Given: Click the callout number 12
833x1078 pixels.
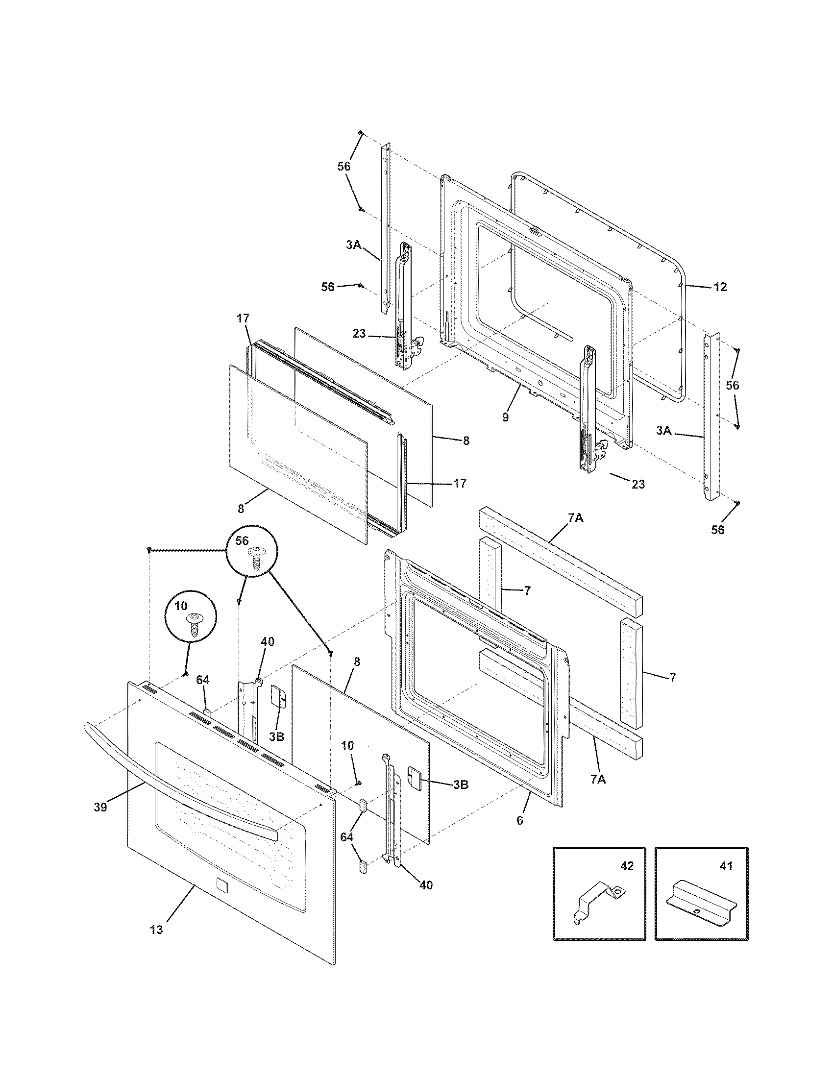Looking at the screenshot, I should point(720,287).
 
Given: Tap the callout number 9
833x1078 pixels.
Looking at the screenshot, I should point(505,417).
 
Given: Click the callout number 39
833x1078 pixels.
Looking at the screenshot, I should point(100,808).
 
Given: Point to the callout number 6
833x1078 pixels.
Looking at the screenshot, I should point(519,821).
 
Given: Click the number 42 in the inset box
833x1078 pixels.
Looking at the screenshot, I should point(626,866).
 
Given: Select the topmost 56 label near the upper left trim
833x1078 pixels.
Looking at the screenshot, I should point(344,166).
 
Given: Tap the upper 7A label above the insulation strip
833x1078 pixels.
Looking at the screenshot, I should point(575,518).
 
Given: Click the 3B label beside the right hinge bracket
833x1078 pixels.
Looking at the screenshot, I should point(460,784).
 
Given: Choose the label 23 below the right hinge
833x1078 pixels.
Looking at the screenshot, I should point(638,485).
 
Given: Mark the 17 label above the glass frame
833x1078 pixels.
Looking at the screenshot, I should point(244,318).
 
